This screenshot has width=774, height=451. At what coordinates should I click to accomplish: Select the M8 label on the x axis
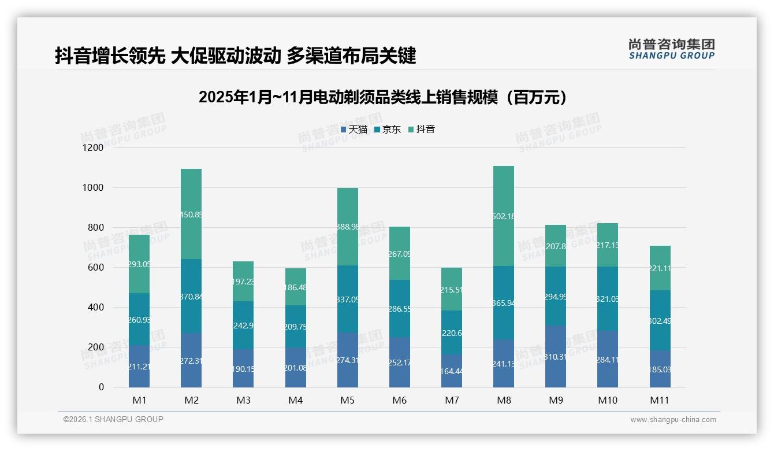(x=503, y=400)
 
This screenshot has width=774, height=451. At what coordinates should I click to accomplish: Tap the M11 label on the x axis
(x=659, y=400)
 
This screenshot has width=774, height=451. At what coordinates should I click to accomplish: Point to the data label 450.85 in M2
(x=191, y=215)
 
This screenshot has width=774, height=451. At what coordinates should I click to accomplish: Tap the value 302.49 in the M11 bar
(x=659, y=321)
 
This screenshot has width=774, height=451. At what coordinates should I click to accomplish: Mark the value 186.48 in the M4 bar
(x=295, y=287)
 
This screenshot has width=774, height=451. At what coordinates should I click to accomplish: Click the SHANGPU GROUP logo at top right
(x=671, y=49)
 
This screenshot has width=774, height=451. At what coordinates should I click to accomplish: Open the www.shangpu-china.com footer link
(x=673, y=420)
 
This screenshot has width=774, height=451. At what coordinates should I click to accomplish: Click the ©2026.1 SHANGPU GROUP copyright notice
(x=113, y=419)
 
